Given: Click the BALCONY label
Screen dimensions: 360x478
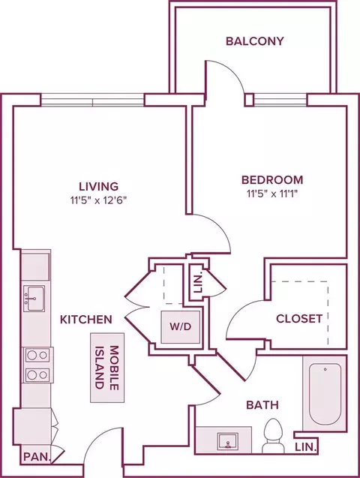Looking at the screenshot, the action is [254, 41].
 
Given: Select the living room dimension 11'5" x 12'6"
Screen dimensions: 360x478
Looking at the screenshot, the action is [98, 200].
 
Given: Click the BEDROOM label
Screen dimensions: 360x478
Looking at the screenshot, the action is [272, 180].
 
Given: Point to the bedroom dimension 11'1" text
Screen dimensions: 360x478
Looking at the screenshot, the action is [288, 194].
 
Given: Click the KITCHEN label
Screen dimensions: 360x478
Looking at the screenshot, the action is [86, 320].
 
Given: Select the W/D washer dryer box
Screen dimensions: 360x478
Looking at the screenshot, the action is [181, 327].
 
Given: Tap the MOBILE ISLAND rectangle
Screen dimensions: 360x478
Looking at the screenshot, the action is [107, 368].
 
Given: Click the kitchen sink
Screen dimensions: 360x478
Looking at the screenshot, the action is [34, 299].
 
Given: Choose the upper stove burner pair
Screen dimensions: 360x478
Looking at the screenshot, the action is [37, 355].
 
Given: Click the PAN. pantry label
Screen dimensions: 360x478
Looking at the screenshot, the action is [37, 457].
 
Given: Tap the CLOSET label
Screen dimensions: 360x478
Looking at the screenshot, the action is [299, 319].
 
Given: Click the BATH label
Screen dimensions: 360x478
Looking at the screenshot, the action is [262, 405].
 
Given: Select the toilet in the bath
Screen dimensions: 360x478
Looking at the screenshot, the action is [274, 436].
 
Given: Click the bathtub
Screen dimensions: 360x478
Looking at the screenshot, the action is [325, 393].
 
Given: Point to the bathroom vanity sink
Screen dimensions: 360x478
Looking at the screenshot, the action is [227, 440].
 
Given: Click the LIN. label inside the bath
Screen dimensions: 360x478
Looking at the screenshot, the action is [306, 447].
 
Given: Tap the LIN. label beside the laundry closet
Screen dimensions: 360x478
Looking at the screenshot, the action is [198, 284].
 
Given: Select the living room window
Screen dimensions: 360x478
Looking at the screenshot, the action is [92, 101].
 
